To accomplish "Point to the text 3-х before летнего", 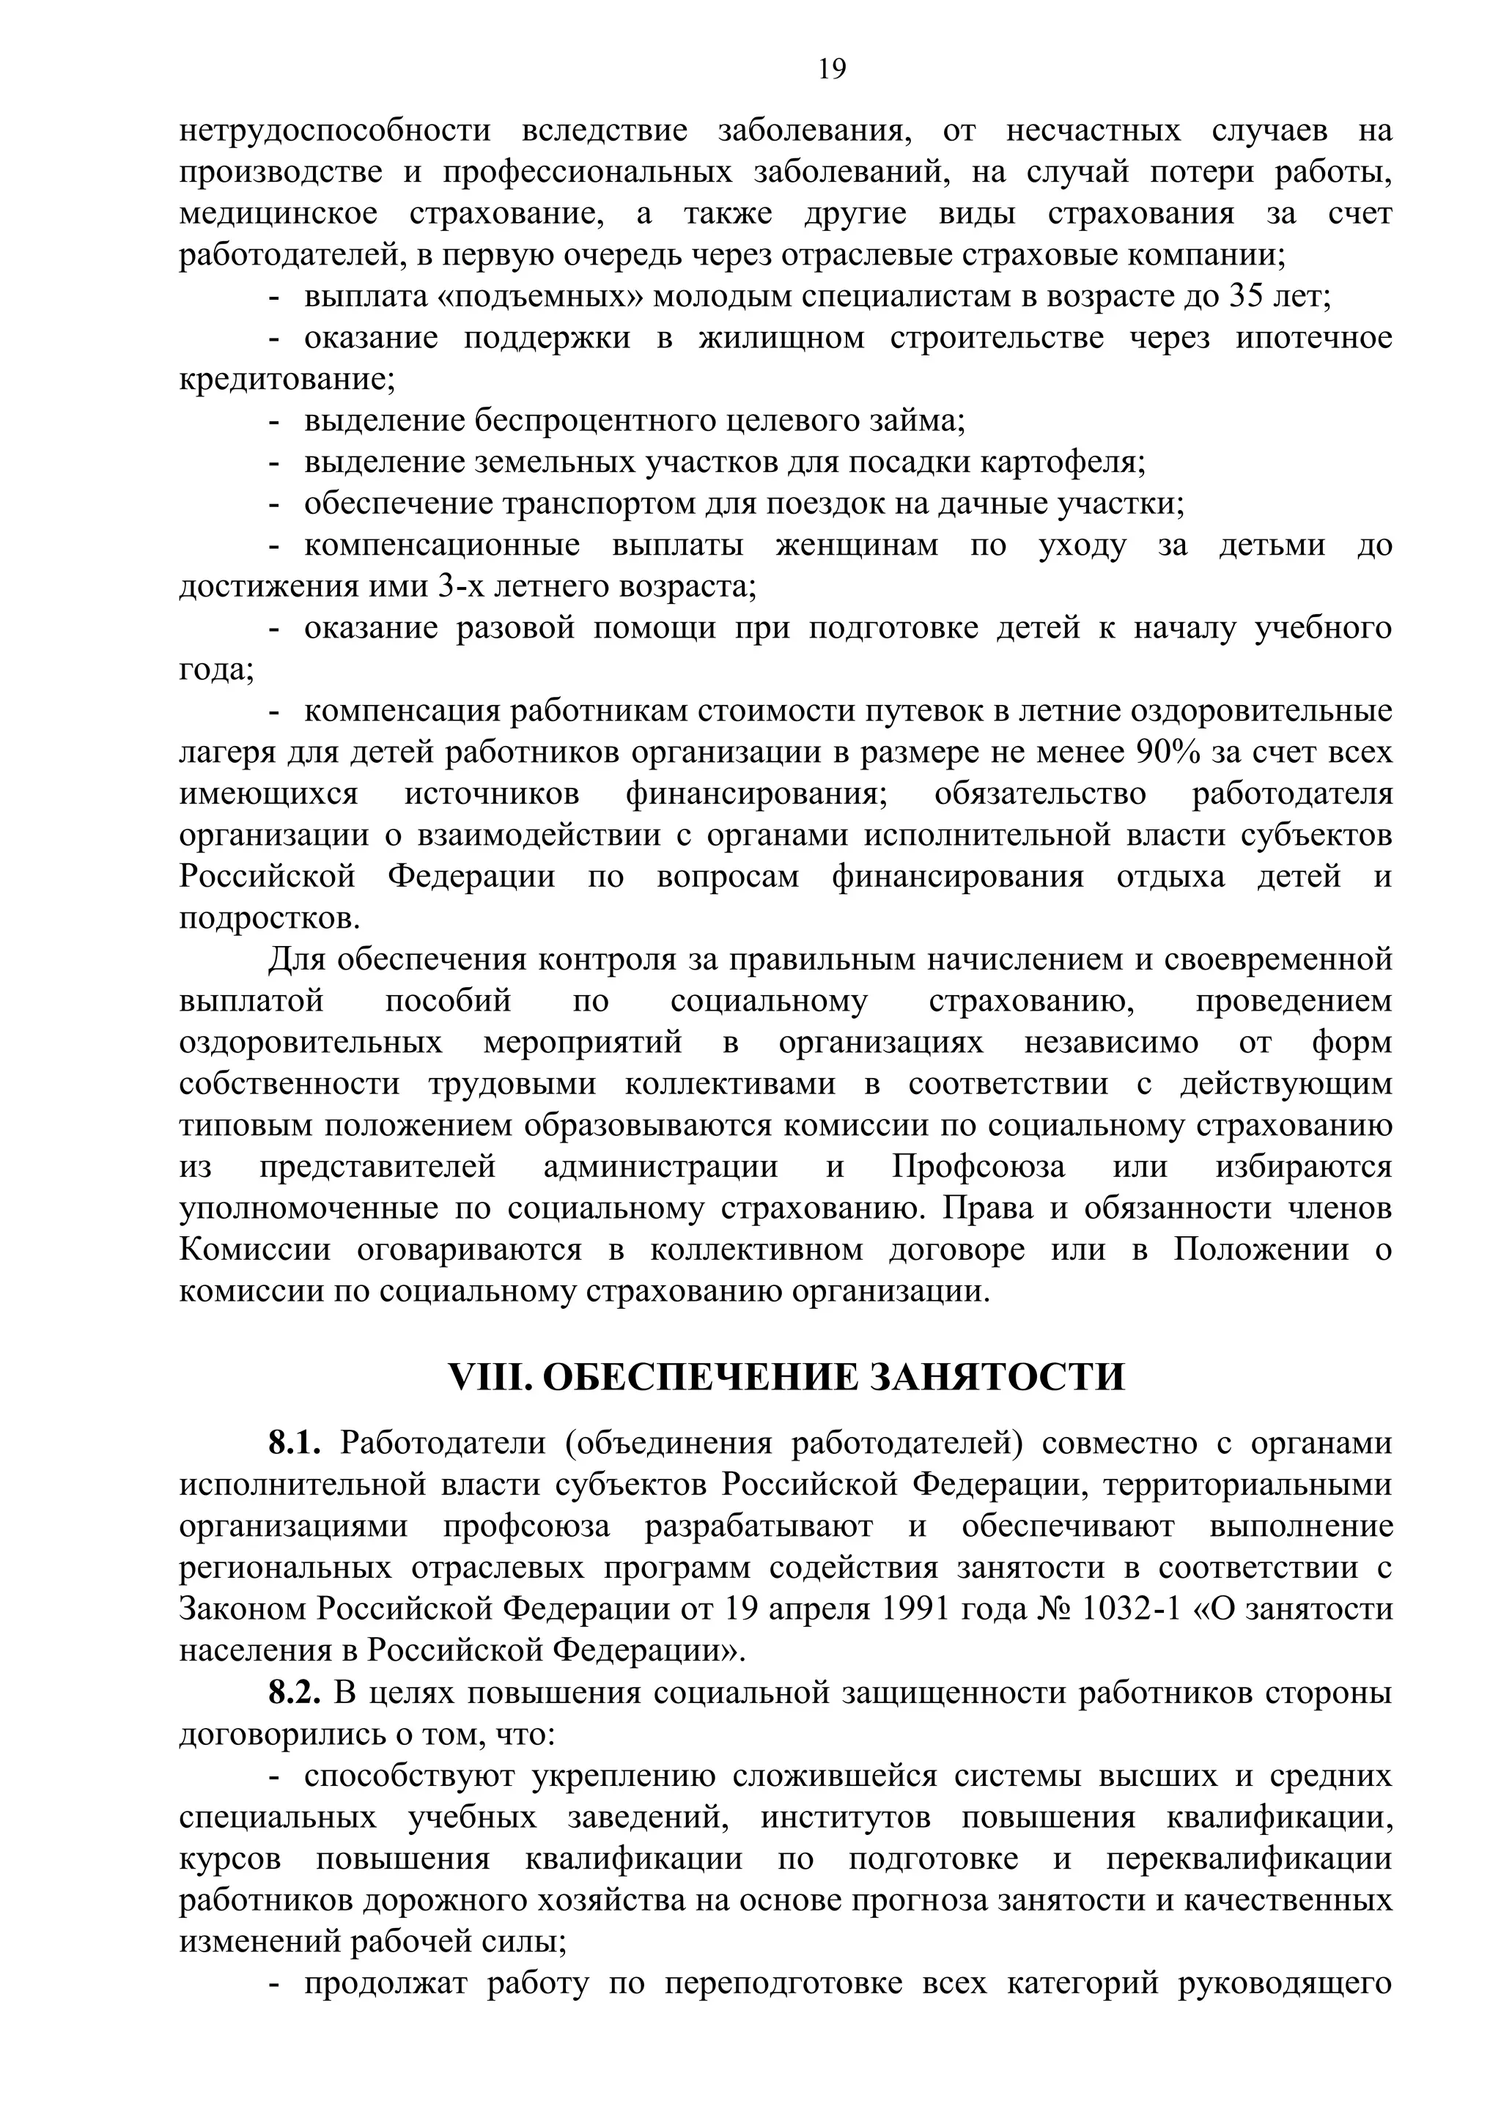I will (463, 587).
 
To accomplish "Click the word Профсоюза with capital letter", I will (978, 1167).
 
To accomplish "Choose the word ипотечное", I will (1313, 339).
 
